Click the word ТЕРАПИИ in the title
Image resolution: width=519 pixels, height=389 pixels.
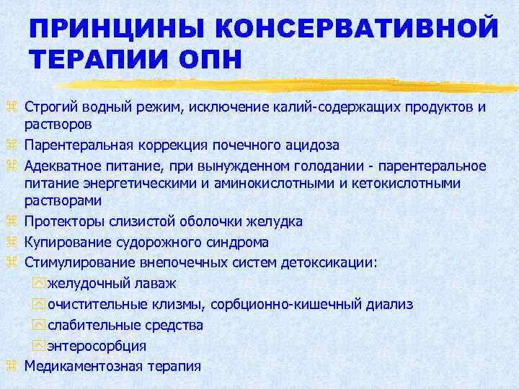pos(99,61)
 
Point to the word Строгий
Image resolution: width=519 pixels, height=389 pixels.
pos(47,107)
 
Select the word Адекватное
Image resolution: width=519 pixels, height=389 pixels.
pos(58,165)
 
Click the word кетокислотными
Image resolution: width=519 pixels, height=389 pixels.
pos(415,184)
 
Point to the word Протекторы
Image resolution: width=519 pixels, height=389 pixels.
pos(58,222)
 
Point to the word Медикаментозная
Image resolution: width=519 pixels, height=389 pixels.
pos(78,366)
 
